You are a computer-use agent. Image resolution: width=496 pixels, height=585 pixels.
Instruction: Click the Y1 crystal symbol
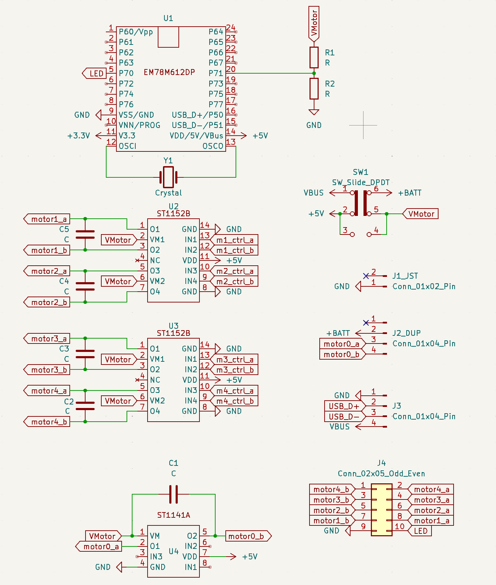[x=168, y=177]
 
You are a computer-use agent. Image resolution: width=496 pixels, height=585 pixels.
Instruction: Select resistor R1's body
[x=314, y=57]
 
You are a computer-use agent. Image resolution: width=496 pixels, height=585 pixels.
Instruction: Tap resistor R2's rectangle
[x=314, y=89]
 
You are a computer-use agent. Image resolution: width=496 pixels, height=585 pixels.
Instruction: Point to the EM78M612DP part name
[x=169, y=73]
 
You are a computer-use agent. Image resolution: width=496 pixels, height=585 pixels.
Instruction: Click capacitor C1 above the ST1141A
[x=174, y=494]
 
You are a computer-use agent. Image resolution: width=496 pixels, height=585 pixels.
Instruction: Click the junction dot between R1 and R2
[x=314, y=73]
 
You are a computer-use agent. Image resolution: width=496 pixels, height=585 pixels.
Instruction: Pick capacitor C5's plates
[x=85, y=234]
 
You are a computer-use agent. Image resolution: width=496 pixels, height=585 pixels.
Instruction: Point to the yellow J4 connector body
[x=381, y=510]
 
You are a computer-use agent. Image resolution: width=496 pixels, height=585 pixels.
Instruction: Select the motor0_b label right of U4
[x=247, y=536]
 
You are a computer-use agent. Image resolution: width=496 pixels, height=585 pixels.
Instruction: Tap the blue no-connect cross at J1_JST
[x=366, y=276]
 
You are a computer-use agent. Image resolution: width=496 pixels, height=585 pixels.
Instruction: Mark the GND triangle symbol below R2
[x=314, y=112]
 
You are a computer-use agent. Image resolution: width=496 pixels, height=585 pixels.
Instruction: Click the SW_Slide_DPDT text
[x=361, y=182]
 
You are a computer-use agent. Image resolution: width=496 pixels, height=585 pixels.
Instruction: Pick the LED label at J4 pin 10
[x=421, y=531]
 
